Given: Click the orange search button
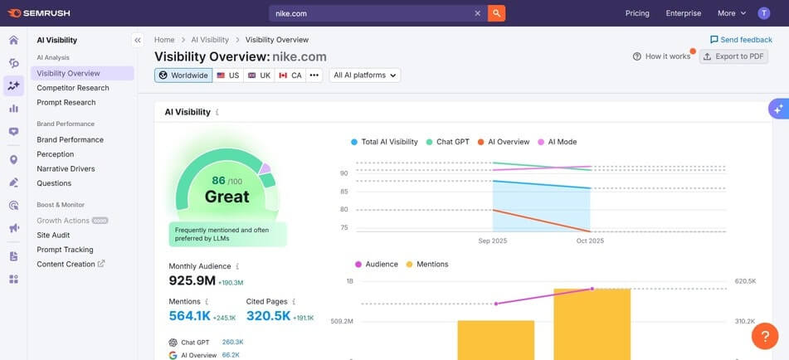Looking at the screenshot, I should tap(496, 13).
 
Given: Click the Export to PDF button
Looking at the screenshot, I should tap(733, 56).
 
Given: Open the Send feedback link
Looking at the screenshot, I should tap(741, 40).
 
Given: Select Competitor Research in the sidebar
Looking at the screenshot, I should tap(73, 88).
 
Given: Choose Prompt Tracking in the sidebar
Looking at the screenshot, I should tap(65, 250).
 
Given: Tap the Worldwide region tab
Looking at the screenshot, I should tap(183, 75).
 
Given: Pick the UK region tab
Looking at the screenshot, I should tap(259, 75).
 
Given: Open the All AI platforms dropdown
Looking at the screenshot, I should tap(365, 75).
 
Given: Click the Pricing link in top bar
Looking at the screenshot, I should tap(636, 13).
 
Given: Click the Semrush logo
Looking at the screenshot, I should tap(40, 13).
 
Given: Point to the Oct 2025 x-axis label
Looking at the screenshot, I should tap(590, 241).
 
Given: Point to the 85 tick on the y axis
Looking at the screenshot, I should tap(343, 192).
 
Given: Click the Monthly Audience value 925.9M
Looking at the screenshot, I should tap(192, 281).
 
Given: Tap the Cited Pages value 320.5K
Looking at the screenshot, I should tap(268, 316).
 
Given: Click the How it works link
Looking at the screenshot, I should tap(661, 56).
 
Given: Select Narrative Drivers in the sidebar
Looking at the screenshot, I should tap(66, 168).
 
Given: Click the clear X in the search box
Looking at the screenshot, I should tap(477, 13).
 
